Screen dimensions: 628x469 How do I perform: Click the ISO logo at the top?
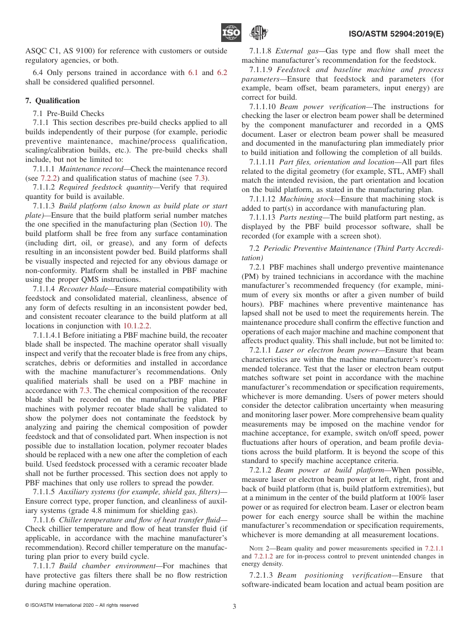[x=231, y=33]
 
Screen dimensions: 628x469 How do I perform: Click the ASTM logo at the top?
[x=258, y=33]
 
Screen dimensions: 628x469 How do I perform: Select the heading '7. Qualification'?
[x=52, y=101]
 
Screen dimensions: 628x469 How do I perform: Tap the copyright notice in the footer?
[x=81, y=605]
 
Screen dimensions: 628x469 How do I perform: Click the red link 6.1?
[x=193, y=73]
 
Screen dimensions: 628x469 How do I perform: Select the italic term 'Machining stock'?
[x=304, y=199]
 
